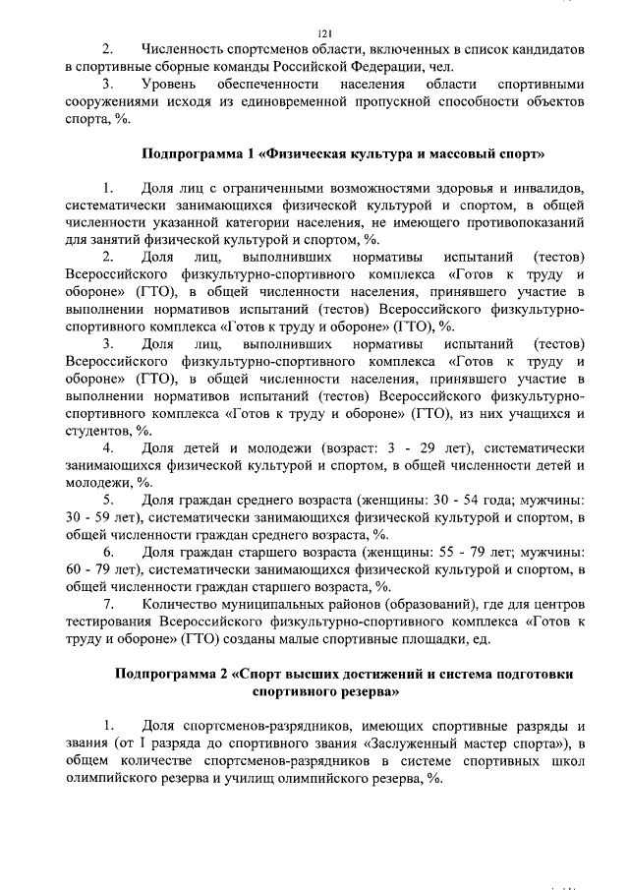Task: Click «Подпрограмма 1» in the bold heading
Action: pyautogui.click(x=198, y=154)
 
